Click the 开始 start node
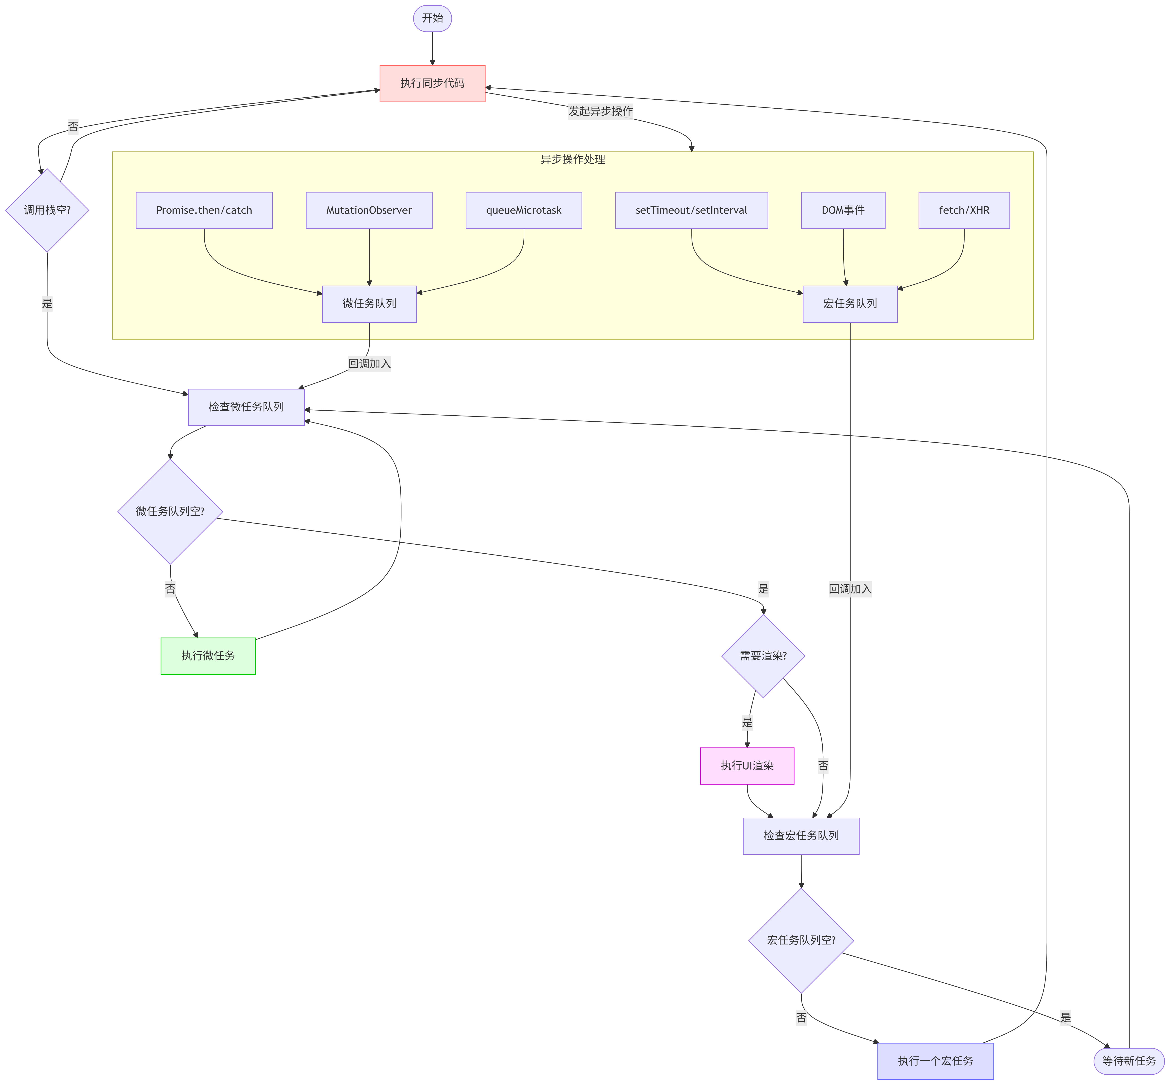432,18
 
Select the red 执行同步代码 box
432,83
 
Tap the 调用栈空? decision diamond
47,210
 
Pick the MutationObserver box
369,210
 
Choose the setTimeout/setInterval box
691,210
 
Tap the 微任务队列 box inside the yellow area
369,304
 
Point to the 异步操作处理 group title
572,159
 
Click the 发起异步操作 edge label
600,111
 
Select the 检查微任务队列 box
246,407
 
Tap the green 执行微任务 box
208,656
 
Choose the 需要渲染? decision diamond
763,656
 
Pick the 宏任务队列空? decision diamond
801,940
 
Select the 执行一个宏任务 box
935,1061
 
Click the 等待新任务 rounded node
1128,1061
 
